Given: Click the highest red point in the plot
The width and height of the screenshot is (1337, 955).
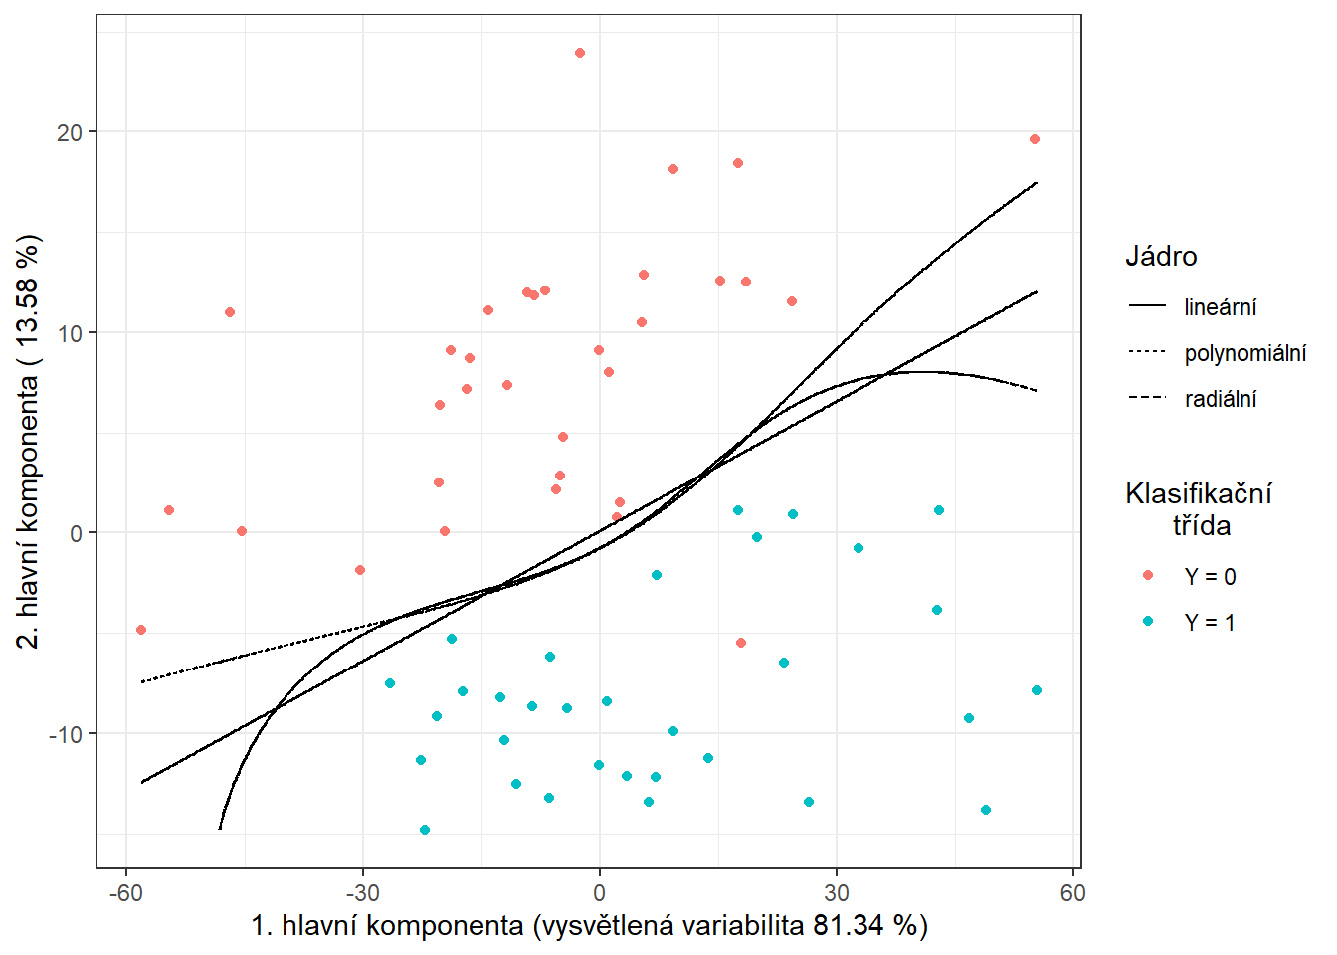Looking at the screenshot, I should click(x=580, y=53).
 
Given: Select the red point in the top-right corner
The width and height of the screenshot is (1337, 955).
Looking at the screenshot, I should click(x=1035, y=139).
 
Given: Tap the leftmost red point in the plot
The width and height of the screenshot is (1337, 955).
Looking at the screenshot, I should click(x=141, y=630).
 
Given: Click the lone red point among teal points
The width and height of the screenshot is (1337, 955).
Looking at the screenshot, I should click(x=741, y=643).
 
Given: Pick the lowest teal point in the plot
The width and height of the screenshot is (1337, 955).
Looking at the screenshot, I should click(x=425, y=830).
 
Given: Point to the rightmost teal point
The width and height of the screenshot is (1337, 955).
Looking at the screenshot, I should click(x=1037, y=690).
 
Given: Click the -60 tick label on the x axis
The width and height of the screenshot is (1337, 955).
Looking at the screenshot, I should click(x=125, y=893).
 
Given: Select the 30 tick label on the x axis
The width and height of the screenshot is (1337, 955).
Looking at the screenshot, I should click(x=837, y=893).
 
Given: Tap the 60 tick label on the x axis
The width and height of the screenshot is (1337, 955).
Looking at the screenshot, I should click(x=1072, y=893).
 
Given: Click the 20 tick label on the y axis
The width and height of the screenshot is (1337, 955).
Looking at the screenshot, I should click(x=70, y=132).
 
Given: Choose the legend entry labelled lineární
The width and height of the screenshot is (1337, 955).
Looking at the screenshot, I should click(x=1220, y=307).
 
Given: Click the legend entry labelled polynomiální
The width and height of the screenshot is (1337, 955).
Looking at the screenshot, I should click(x=1244, y=353).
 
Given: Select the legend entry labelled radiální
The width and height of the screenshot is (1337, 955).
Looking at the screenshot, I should click(x=1221, y=399).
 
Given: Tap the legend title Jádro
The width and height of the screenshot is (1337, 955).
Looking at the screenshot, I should click(x=1161, y=257).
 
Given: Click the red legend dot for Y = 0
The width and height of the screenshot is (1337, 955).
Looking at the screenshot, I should click(x=1148, y=576).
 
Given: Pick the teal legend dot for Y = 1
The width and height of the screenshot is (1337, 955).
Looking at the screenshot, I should click(x=1148, y=622).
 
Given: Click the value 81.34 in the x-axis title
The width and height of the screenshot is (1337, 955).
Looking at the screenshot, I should click(x=848, y=926).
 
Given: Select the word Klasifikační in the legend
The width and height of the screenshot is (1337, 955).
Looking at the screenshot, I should click(x=1198, y=493).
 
